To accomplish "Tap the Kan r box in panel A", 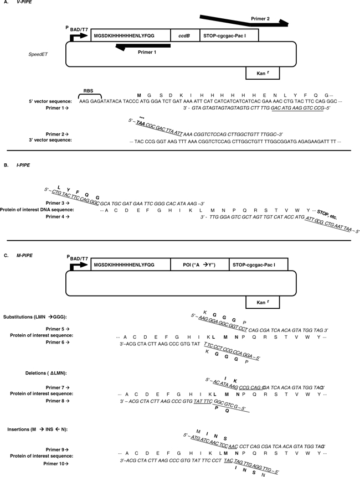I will [262, 72].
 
